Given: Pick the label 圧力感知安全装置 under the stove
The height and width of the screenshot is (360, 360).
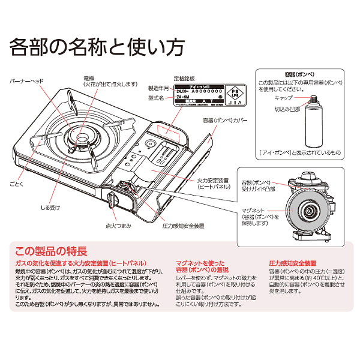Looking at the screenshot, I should point(184,226).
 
